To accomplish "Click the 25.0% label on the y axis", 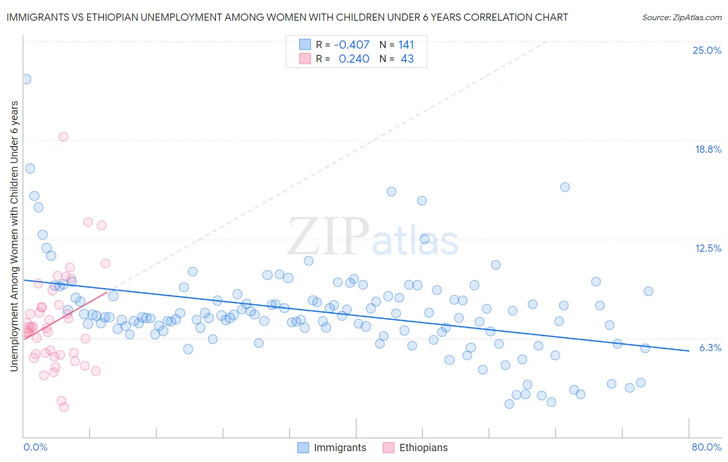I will coord(707,50).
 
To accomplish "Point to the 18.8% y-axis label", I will coord(708,149).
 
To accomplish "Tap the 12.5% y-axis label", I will coord(708,248).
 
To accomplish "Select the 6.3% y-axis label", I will coord(710,348).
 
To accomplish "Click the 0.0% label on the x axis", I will coord(35,447).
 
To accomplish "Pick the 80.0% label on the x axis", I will coord(706,447).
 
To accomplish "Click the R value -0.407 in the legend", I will coord(352,45).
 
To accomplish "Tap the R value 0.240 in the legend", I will coord(354,59).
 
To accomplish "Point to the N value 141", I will coord(406,45).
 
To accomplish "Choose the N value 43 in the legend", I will coord(407,59).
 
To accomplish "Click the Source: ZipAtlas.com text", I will coord(681,17).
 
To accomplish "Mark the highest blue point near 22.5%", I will coord(26,79).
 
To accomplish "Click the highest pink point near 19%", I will coord(63,137).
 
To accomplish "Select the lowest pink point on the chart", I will coord(64,407).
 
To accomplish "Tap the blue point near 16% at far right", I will coord(565,187).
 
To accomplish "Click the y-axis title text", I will coord(14,236).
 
